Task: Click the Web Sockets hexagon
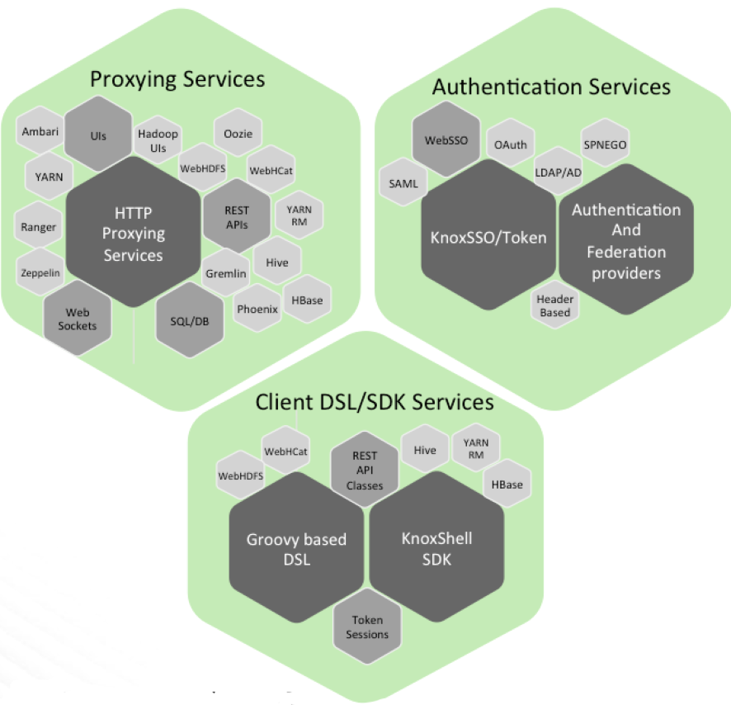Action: point(77,319)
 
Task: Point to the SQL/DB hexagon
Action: point(189,320)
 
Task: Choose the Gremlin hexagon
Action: point(225,272)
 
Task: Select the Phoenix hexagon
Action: point(257,310)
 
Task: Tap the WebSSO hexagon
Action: point(446,140)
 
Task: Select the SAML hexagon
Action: point(403,184)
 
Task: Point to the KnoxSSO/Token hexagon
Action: point(488,237)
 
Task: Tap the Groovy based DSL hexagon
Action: point(296,549)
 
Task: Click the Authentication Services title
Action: point(551,87)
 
